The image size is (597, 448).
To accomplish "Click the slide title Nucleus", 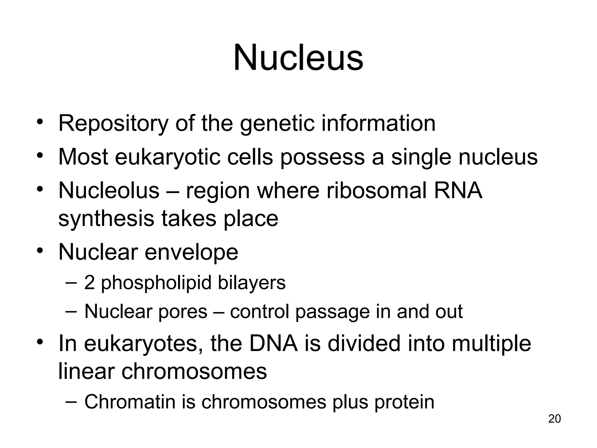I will pos(298,57).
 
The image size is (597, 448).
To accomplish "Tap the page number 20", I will pos(554,419).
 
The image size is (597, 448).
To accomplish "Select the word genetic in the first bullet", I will pos(277,124).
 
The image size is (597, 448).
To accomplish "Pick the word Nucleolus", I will pos(109,191).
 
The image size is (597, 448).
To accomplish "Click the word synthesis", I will pos(106,219).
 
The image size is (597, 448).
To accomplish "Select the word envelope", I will pos(191,253).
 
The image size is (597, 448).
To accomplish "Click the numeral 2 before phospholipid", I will pos(89,283).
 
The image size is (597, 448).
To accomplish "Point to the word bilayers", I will pos(252,283).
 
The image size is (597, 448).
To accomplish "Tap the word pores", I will pos(182,311).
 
